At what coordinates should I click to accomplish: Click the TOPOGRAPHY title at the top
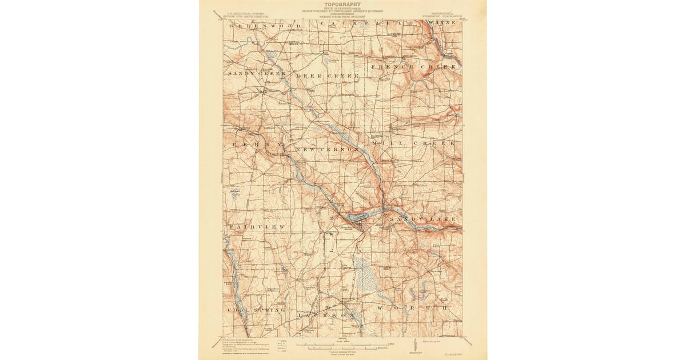tap(343, 4)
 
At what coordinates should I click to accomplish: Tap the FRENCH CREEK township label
tap(414, 67)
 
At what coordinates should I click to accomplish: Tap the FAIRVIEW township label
tap(257, 227)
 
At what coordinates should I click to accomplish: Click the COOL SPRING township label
tap(256, 310)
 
